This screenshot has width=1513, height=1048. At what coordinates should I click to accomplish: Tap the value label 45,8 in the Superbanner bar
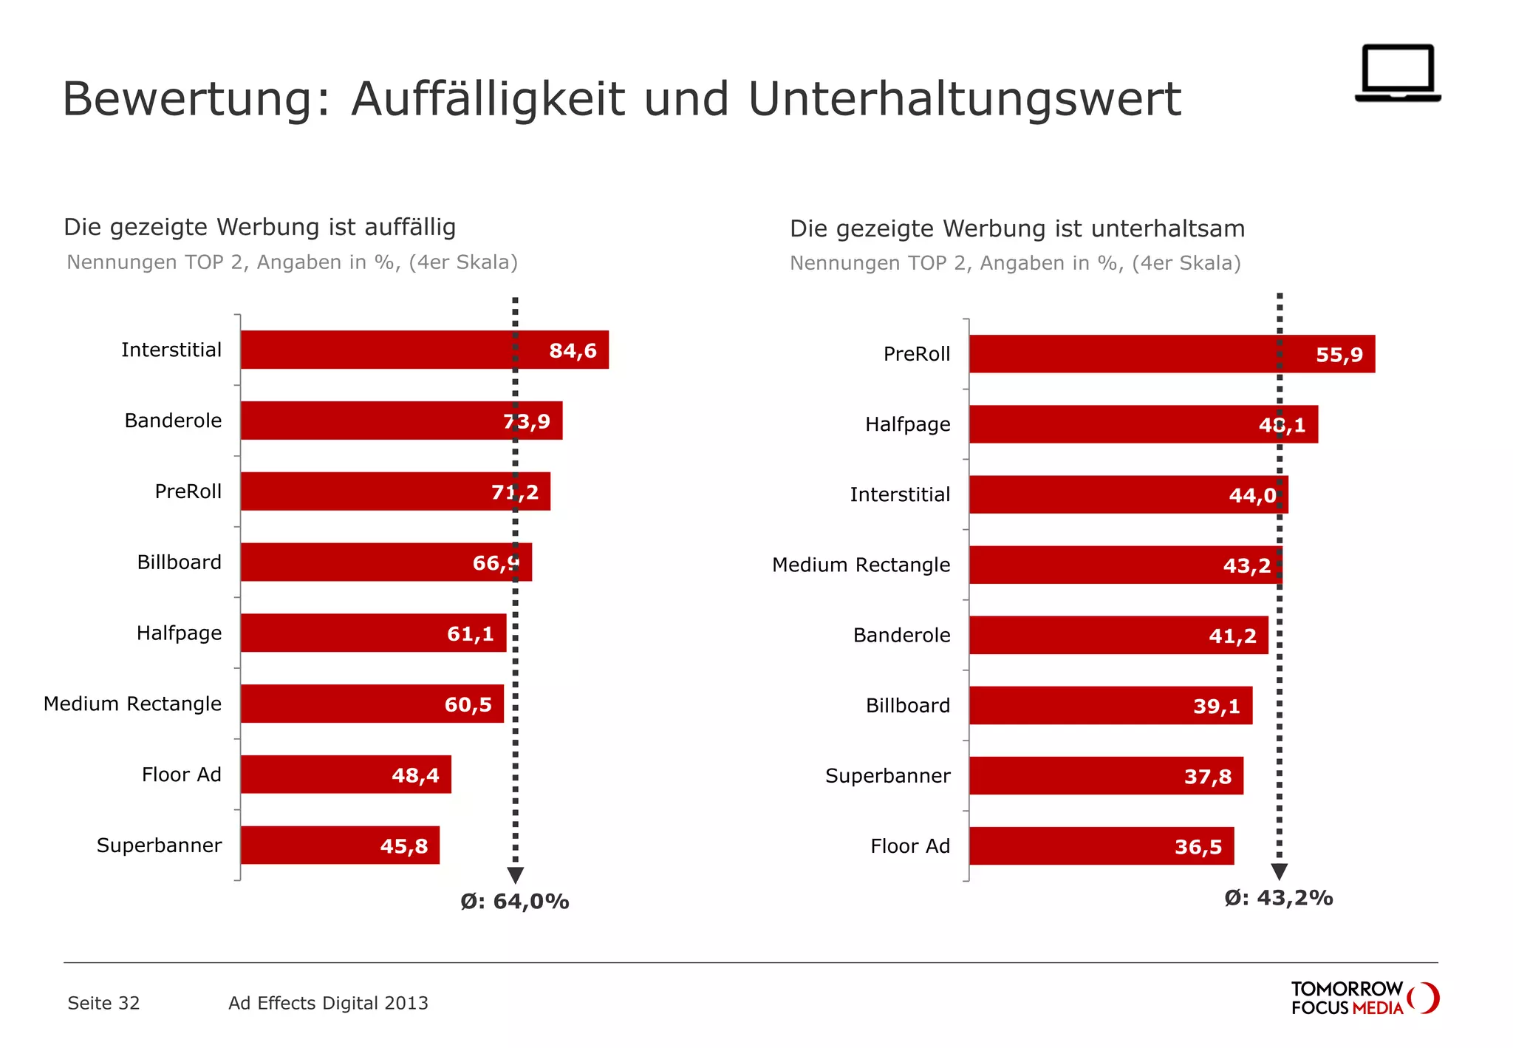403,846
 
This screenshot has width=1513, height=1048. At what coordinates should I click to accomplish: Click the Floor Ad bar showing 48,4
345,775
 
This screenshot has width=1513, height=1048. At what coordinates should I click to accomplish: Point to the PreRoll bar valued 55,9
1171,354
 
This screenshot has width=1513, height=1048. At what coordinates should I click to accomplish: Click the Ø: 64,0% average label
514,902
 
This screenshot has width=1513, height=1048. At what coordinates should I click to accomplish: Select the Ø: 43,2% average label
1278,898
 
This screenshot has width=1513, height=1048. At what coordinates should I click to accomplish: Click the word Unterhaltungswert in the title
964,99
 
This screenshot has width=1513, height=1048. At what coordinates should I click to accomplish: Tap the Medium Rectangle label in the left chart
132,704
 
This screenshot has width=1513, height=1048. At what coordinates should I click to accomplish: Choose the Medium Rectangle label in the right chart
861,565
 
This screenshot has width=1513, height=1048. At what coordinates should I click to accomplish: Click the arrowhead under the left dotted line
516,875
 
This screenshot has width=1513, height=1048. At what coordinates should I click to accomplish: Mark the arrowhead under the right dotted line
1280,871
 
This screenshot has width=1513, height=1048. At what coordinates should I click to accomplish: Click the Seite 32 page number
103,1003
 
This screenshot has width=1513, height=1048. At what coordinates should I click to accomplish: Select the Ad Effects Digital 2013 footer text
328,1003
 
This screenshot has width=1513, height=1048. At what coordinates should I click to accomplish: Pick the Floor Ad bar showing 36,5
1101,846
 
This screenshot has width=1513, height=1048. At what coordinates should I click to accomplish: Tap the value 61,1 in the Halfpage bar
470,633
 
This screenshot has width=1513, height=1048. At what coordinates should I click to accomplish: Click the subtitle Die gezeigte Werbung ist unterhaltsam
1017,228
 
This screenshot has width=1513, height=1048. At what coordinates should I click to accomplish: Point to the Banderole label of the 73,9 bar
173,421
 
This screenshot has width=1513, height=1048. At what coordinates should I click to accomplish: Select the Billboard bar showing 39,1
1110,706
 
